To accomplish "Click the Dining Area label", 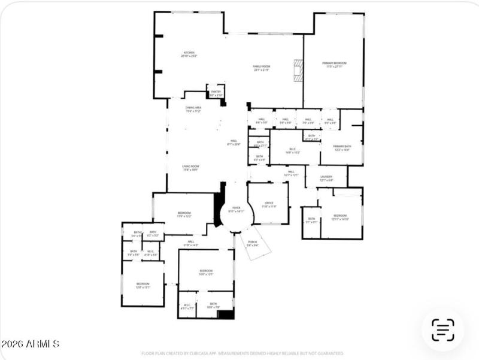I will point(193,109).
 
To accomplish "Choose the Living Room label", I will point(190,168).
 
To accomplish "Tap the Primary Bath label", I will point(342,147).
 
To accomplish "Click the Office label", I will point(269,204).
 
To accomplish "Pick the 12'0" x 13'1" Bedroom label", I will point(143,285).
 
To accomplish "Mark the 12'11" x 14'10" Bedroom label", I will point(339,217).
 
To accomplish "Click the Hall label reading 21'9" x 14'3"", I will point(190,243).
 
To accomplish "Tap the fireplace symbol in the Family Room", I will point(298,69).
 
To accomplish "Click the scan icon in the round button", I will point(442,329).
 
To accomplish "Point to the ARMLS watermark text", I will point(30,344).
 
